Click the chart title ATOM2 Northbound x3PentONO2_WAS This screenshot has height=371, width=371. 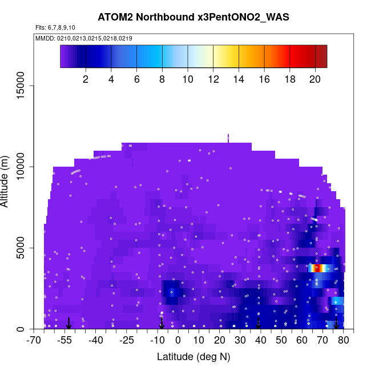pyautogui.click(x=193, y=17)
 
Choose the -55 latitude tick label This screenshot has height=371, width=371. pyautogui.click(x=64, y=341)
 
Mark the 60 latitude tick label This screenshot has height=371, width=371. pyautogui.click(x=302, y=341)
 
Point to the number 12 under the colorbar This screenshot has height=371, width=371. pyautogui.click(x=213, y=79)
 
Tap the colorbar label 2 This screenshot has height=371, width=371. pyautogui.click(x=86, y=79)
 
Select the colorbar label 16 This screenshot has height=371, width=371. pyautogui.click(x=265, y=79)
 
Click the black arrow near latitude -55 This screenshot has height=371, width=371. pyautogui.click(x=68, y=324)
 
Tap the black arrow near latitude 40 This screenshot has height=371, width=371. pyautogui.click(x=259, y=324)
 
